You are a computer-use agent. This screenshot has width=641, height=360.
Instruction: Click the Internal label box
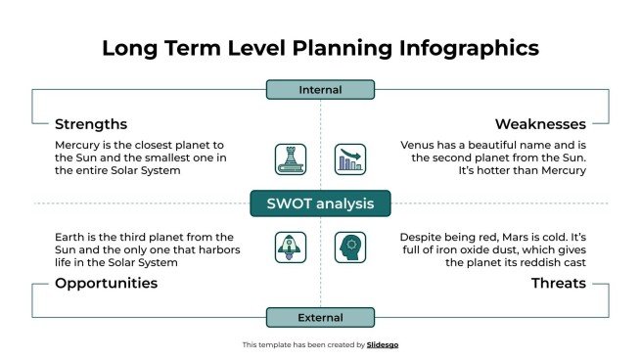(x=320, y=90)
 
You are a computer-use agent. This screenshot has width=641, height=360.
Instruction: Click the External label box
(x=320, y=317)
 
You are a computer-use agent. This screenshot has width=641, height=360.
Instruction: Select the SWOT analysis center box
(x=320, y=203)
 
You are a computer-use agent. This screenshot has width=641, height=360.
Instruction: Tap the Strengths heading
(x=91, y=124)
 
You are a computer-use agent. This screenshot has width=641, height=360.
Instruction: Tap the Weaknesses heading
(x=540, y=124)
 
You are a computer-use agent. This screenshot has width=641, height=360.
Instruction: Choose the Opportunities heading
(x=106, y=283)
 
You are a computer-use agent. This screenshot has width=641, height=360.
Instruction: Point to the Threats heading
(x=558, y=283)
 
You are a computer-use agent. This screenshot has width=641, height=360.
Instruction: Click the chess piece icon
(x=291, y=159)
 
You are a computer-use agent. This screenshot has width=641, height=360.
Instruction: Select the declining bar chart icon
(x=349, y=159)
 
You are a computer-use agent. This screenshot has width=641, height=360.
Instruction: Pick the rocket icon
(x=291, y=247)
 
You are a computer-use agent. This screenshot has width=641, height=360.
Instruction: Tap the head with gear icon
(x=349, y=247)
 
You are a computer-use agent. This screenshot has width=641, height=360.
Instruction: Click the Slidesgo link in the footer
(x=383, y=344)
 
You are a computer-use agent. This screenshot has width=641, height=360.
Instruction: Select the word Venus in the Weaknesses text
(x=419, y=144)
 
